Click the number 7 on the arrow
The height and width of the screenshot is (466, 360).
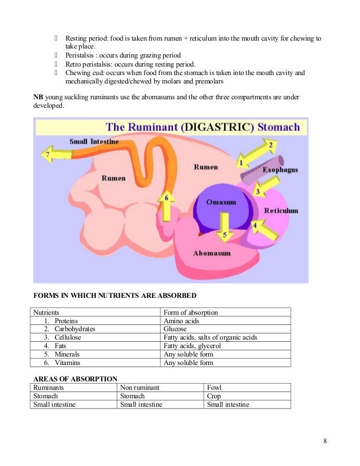[x=48, y=153]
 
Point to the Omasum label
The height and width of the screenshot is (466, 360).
[x=221, y=202]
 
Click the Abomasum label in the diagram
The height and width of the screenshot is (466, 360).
[x=212, y=253]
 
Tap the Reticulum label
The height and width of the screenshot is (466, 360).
[x=281, y=210]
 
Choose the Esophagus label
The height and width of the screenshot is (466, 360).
[x=280, y=169]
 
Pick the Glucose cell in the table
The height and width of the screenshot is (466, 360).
[x=175, y=329]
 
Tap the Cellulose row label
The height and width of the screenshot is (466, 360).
[x=68, y=337]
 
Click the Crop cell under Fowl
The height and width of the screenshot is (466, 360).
[x=214, y=396]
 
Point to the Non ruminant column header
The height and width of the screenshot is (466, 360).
[x=140, y=388]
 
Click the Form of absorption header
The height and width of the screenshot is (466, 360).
[x=191, y=312]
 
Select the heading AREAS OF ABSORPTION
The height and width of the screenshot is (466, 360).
[x=75, y=379]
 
